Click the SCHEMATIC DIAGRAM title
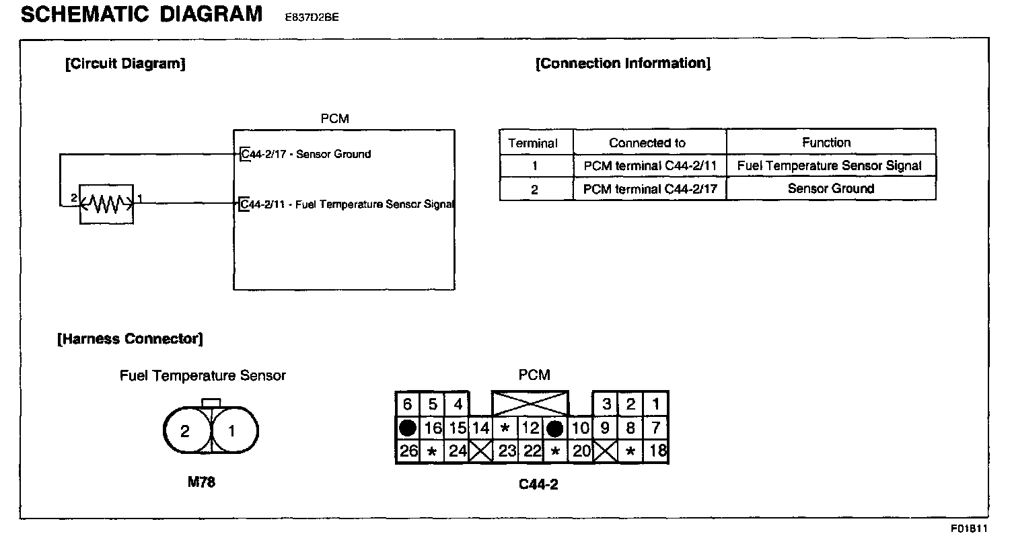click(141, 15)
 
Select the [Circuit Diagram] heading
click(125, 64)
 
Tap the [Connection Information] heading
click(622, 64)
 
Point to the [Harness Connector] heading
click(130, 338)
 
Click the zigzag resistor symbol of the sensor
click(106, 203)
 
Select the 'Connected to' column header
click(647, 143)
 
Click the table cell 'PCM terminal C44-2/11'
click(650, 165)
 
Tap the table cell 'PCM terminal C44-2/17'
click(650, 189)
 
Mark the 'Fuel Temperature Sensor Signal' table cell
click(830, 165)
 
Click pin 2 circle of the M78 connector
click(186, 431)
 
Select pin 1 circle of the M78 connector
click(232, 431)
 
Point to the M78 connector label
click(202, 482)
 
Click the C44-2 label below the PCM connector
click(538, 484)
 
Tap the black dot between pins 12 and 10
click(555, 428)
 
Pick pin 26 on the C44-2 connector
click(408, 451)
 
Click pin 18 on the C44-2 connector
click(656, 451)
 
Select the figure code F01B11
click(970, 528)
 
